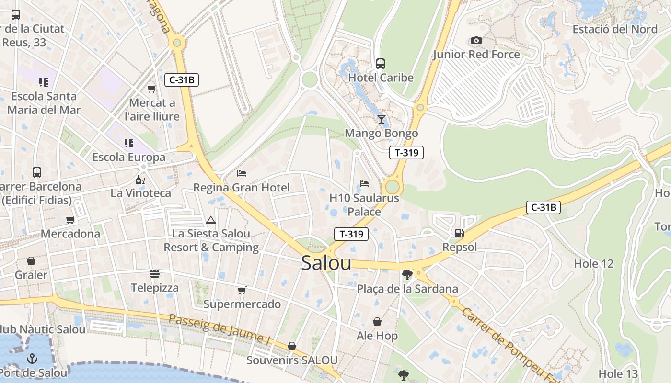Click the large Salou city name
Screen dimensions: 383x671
click(x=326, y=263)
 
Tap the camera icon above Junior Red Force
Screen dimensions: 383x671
click(x=476, y=40)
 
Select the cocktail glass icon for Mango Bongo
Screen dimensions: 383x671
click(x=382, y=119)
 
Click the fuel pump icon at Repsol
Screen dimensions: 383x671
click(x=459, y=233)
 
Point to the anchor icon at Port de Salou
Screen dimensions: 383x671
click(x=32, y=358)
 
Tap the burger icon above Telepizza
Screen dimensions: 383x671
click(x=155, y=274)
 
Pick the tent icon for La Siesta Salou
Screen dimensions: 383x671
click(x=210, y=220)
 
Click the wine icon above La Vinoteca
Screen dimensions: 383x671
click(x=140, y=180)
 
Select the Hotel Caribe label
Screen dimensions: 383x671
click(x=381, y=78)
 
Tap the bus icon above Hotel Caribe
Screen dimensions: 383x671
click(x=381, y=63)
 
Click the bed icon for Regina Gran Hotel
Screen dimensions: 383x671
click(x=242, y=173)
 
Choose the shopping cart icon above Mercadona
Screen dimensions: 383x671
click(x=70, y=220)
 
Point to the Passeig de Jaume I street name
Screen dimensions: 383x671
click(x=220, y=329)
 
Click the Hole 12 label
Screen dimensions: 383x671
click(x=593, y=264)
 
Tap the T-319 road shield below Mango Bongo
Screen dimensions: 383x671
click(x=406, y=153)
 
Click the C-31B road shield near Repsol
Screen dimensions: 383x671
click(x=543, y=207)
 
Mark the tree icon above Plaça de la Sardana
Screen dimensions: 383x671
click(x=407, y=275)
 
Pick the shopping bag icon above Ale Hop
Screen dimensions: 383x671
click(x=378, y=322)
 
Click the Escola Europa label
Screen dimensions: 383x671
click(x=128, y=157)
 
